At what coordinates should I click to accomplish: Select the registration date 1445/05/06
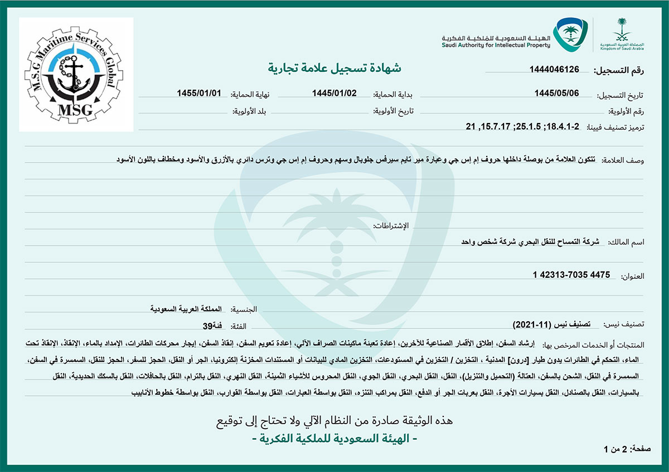[557, 93]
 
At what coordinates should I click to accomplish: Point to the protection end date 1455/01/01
[199, 93]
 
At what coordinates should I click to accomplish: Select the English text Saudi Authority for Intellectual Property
[496, 45]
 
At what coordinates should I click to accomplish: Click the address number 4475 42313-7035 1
[571, 275]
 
